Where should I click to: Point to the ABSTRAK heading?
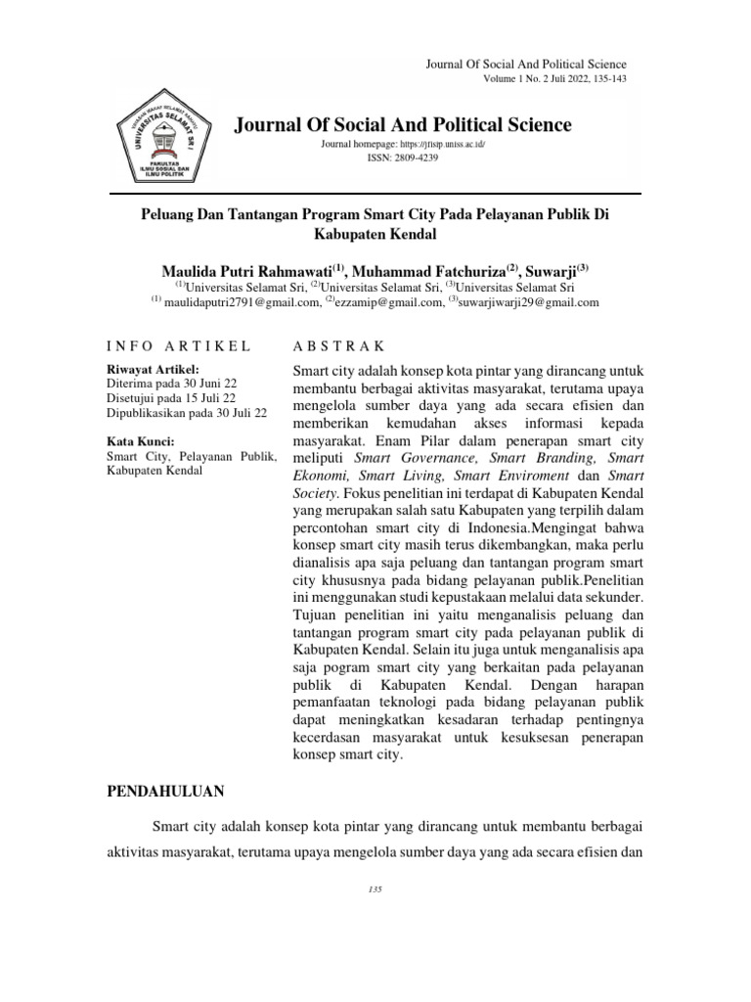tap(339, 346)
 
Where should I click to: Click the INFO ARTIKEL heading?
tap(178, 346)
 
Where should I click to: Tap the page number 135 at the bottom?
tap(375, 888)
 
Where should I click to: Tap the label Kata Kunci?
tap(140, 441)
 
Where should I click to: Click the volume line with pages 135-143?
tap(554, 78)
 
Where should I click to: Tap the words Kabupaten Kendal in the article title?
tap(375, 235)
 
